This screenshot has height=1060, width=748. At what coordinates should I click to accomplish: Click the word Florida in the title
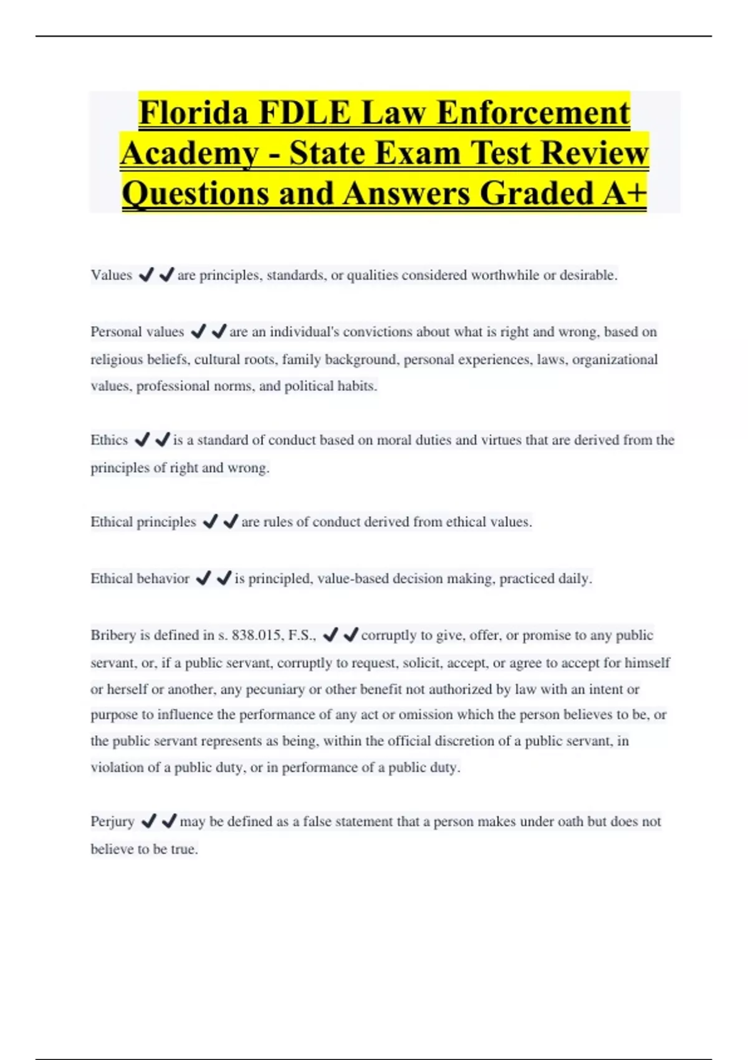[x=194, y=113]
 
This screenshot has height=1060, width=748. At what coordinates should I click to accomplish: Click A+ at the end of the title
[x=624, y=193]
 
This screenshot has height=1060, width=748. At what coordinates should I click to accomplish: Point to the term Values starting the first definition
[x=112, y=275]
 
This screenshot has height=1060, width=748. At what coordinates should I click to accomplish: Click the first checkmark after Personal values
[x=198, y=332]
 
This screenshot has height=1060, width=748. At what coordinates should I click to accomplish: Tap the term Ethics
[x=109, y=440]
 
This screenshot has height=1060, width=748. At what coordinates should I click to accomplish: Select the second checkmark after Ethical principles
[x=231, y=521]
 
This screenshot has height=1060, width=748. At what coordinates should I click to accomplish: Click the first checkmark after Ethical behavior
[x=203, y=579]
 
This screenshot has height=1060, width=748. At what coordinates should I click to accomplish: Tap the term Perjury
[x=112, y=822]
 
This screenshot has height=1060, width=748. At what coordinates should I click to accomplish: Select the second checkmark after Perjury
[x=169, y=822]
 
